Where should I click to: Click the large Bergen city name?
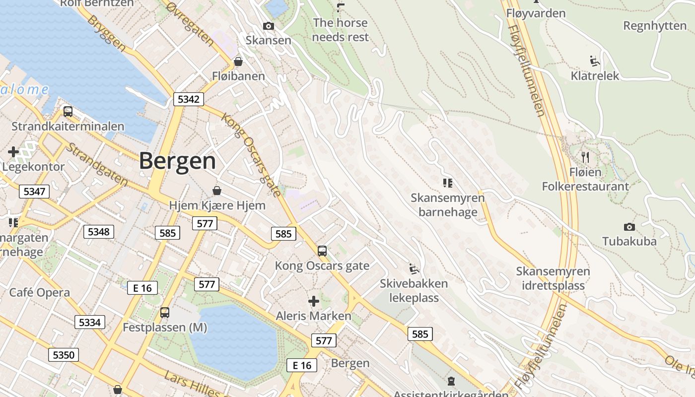[177, 161]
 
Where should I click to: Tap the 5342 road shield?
[188, 99]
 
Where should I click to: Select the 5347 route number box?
[34, 191]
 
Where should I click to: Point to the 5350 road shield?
[64, 355]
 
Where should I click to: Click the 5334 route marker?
[90, 323]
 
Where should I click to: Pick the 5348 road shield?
[99, 231]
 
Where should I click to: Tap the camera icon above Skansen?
[269, 26]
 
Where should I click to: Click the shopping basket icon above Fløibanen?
[238, 62]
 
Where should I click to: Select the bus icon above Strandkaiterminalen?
[68, 112]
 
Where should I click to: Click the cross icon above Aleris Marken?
[314, 301]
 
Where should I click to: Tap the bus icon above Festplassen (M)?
[165, 313]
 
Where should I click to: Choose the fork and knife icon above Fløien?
[585, 157]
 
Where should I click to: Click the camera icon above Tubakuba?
[629, 227]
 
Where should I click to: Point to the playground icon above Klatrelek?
[595, 61]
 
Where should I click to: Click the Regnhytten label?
[655, 26]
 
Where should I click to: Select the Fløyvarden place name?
[536, 13]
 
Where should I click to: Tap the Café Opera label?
[40, 292]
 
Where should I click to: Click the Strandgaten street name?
[97, 165]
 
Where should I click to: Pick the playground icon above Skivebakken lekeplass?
[414, 269]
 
